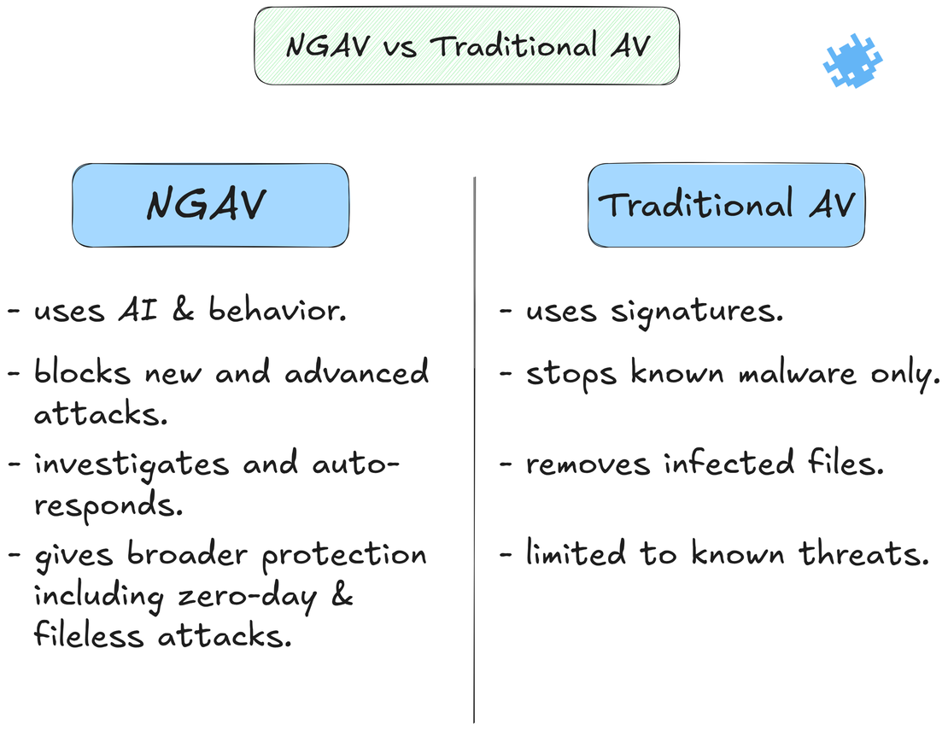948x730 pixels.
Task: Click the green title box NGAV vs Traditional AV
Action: (x=466, y=45)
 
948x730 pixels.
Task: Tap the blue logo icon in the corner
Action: (x=852, y=61)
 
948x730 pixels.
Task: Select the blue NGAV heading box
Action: (x=210, y=206)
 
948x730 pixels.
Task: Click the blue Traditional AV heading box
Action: (x=726, y=206)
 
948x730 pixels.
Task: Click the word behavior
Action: (x=278, y=311)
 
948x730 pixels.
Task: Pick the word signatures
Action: (x=697, y=312)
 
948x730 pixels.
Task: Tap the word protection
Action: (x=344, y=556)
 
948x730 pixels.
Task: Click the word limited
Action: (x=576, y=554)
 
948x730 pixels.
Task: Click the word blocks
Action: (x=82, y=373)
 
